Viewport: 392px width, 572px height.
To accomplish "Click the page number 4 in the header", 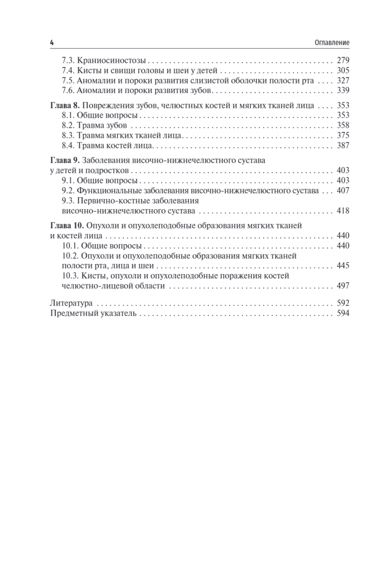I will [x=52, y=42].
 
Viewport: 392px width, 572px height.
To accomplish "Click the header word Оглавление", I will [x=332, y=43].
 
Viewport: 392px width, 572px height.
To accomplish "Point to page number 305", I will [x=343, y=71].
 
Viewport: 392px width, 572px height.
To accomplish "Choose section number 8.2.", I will [x=70, y=125].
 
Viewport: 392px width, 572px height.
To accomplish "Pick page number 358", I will [x=343, y=125].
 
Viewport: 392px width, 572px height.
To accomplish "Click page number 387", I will [x=343, y=145].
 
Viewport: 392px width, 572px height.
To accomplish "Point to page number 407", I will [x=343, y=191].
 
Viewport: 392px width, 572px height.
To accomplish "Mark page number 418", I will [x=343, y=211].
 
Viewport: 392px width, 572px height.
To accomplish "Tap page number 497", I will [x=343, y=286].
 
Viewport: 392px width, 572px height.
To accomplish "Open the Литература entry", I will [x=71, y=303].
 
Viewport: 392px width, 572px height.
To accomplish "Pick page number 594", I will [x=343, y=313].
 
